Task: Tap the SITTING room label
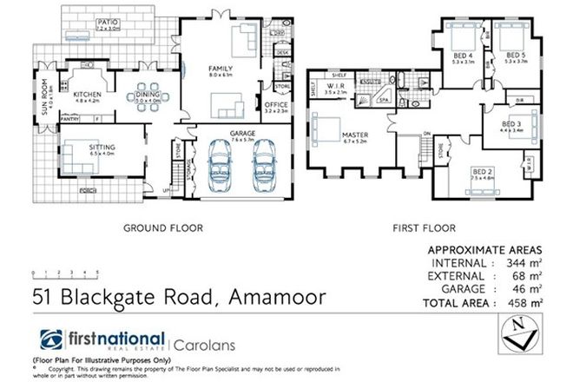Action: coord(102,148)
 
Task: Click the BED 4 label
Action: coord(462,55)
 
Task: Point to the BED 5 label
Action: coord(516,55)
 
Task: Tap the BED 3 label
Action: coord(511,125)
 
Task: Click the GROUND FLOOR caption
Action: coord(162,229)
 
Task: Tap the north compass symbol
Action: coord(521,331)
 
